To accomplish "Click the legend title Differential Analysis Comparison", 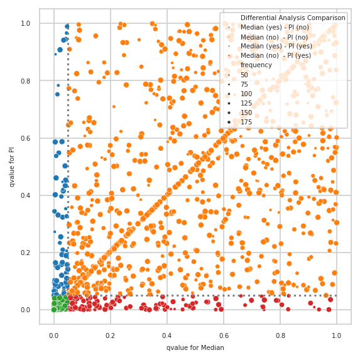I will pyautogui.click(x=292, y=18).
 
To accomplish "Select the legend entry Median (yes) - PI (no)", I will pyautogui.click(x=276, y=27).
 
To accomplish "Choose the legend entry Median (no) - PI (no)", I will pyautogui.click(x=275, y=36).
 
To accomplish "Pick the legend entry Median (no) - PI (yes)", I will pyautogui.click(x=275, y=55).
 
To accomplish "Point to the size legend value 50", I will pyautogui.click(x=244, y=74).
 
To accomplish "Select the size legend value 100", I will pyautogui.click(x=246, y=93).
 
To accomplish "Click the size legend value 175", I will pyautogui.click(x=246, y=121).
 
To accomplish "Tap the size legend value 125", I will pyautogui.click(x=246, y=102).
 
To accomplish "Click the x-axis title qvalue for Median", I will pyautogui.click(x=195, y=347).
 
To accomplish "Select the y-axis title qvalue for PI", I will pyautogui.click(x=12, y=166).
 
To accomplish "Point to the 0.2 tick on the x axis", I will pyautogui.click(x=111, y=336).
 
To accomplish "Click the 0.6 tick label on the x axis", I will pyautogui.click(x=224, y=336).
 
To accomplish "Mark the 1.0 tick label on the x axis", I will pyautogui.click(x=336, y=336).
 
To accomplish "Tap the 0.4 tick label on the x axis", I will pyautogui.click(x=167, y=336).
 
